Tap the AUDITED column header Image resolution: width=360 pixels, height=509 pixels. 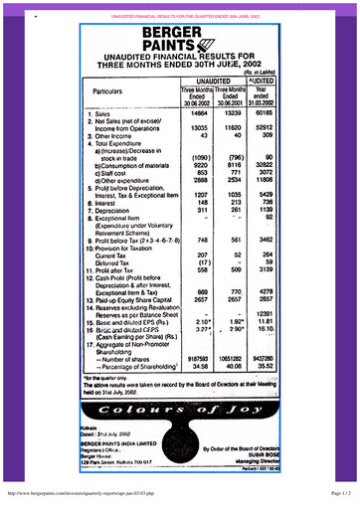click(x=259, y=81)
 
